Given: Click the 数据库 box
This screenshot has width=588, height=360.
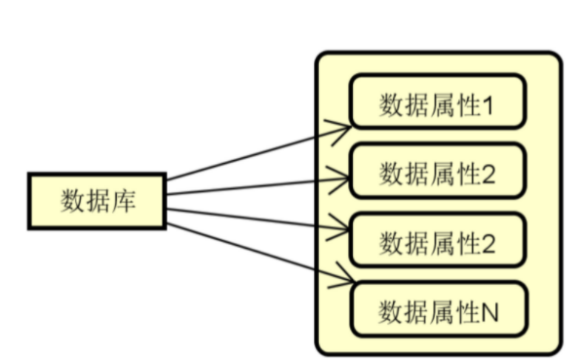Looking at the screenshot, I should point(97,202).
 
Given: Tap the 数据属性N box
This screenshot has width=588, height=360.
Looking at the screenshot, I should point(437,312).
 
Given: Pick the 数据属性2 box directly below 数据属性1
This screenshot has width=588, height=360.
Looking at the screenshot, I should point(437,175).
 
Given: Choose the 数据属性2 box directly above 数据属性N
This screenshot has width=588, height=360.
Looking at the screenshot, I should point(437,243).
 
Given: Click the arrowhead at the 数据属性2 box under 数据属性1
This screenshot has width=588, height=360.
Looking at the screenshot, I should point(341,178).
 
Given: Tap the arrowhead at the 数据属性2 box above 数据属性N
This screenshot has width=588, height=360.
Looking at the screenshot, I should point(341,230).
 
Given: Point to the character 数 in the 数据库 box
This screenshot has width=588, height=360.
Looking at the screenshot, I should point(72,202).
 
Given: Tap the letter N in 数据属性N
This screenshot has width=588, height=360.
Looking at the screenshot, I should point(490,312).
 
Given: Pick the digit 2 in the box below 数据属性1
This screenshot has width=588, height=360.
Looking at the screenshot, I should point(489,175).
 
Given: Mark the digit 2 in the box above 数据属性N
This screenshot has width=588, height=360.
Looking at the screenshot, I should point(489,243).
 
